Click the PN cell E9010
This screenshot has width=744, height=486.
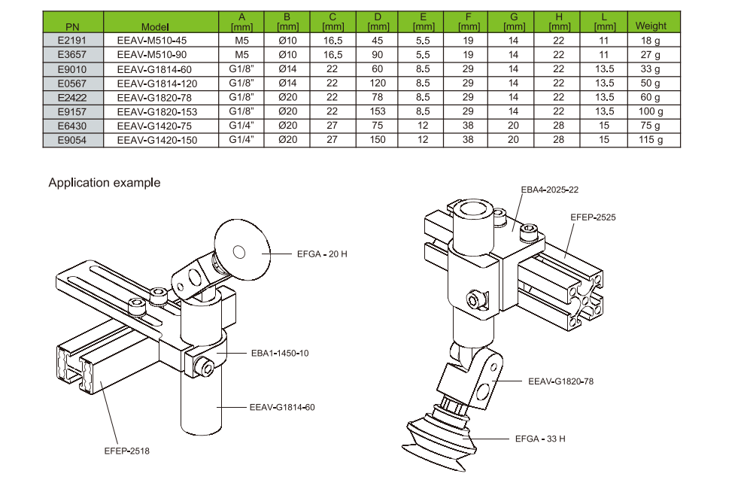pyautogui.click(x=72, y=68)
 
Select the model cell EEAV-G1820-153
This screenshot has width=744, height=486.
pyautogui.click(x=158, y=111)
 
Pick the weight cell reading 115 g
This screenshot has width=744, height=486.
pyautogui.click(x=651, y=140)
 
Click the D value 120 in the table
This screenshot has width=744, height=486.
pyautogui.click(x=378, y=83)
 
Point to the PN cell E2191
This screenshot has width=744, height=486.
pyautogui.click(x=72, y=40)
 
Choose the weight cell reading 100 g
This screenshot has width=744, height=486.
pyautogui.click(x=651, y=111)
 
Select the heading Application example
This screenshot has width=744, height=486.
pyautogui.click(x=105, y=183)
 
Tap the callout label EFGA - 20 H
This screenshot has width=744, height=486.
pyautogui.click(x=322, y=254)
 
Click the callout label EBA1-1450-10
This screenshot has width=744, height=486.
pyautogui.click(x=278, y=353)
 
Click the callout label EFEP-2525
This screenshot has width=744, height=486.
pyautogui.click(x=593, y=217)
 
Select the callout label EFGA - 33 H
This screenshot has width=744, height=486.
pyautogui.click(x=539, y=438)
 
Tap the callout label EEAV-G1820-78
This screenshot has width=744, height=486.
pyautogui.click(x=560, y=381)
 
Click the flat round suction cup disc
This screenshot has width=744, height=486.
pyautogui.click(x=242, y=250)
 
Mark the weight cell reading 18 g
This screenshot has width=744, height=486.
pyautogui.click(x=651, y=40)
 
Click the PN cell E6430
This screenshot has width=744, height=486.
pyautogui.click(x=72, y=126)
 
